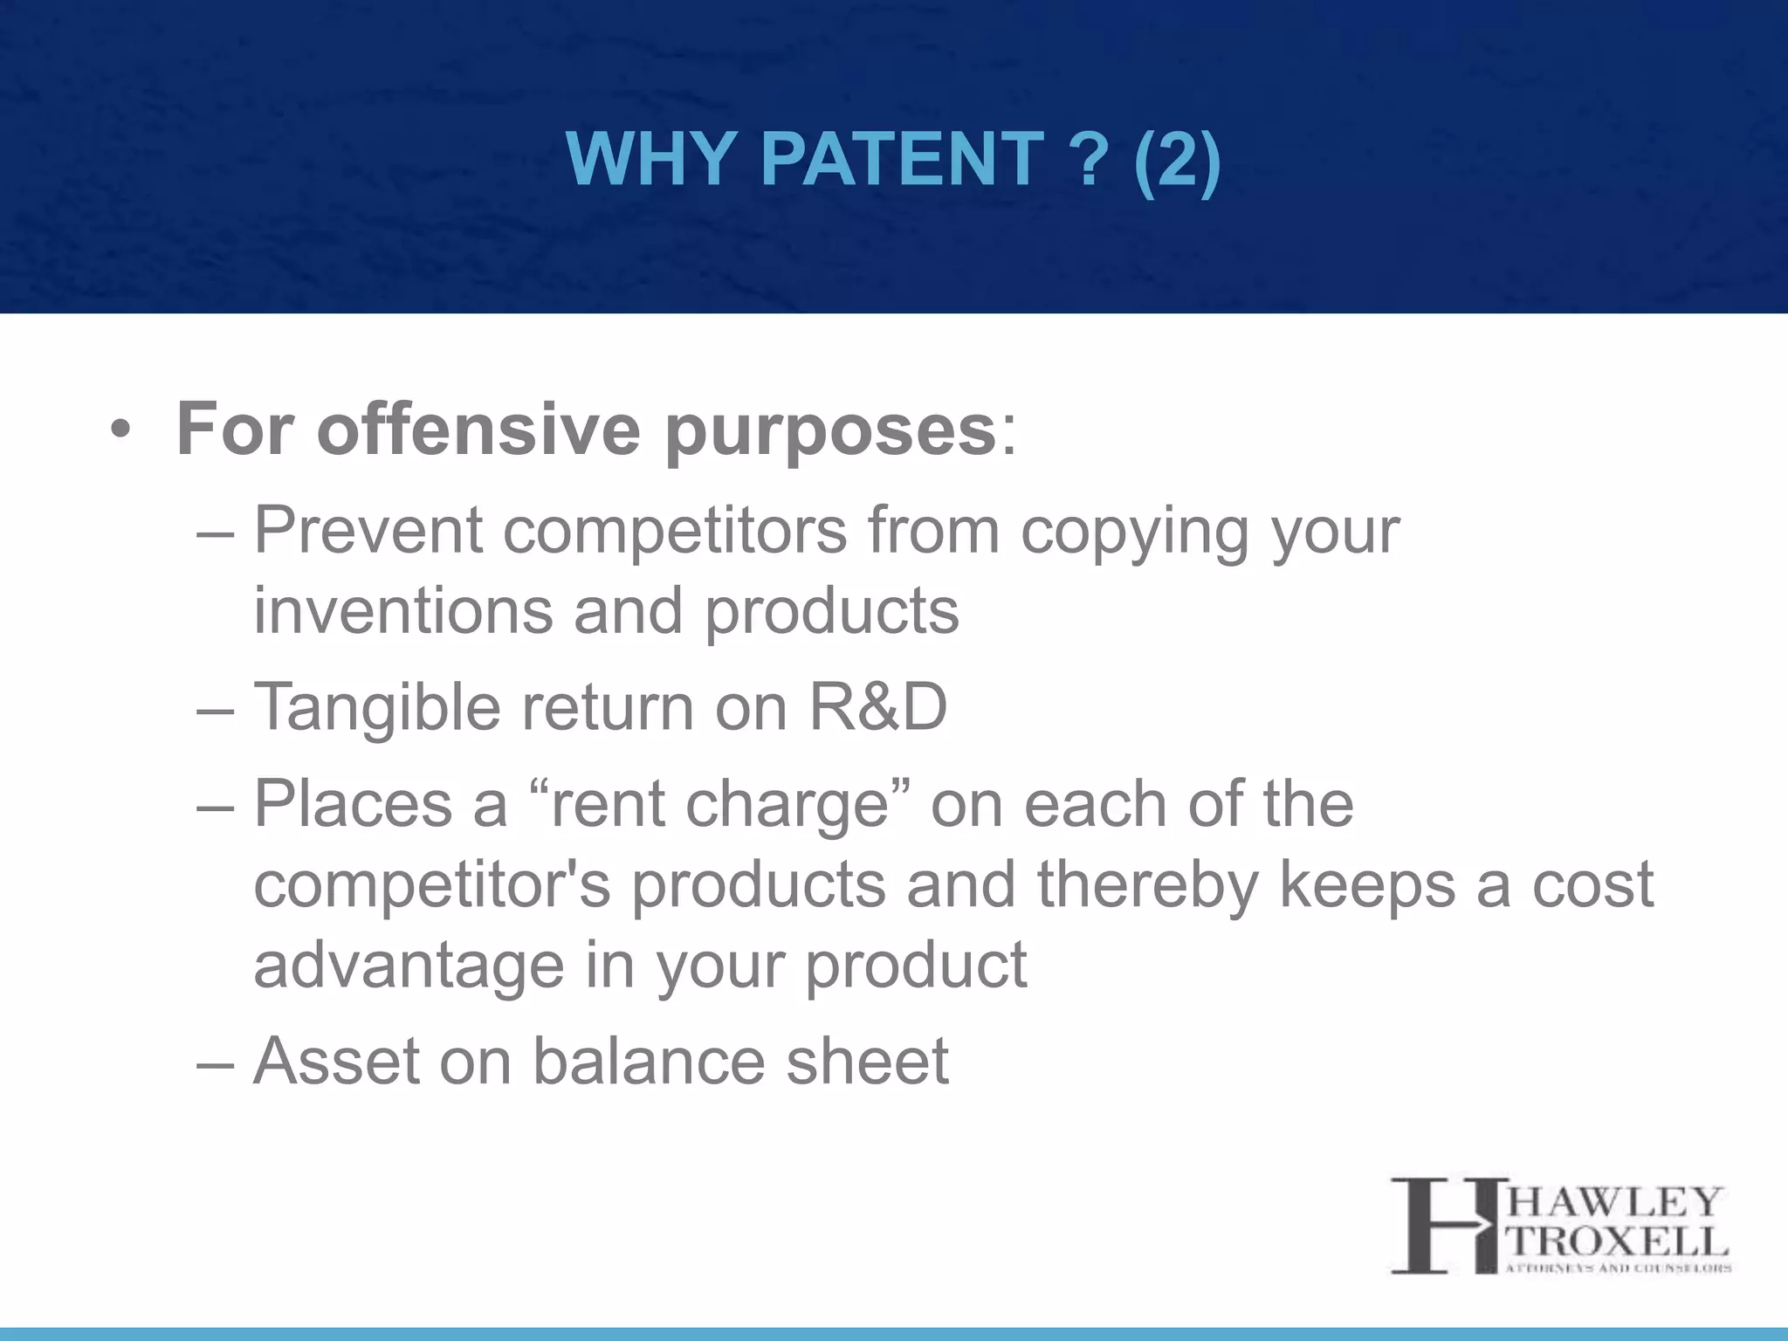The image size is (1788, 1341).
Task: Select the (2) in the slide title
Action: [1177, 159]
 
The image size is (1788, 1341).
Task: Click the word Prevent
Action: [368, 530]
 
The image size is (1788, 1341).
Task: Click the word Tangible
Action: [376, 708]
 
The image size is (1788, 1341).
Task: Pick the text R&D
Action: [877, 706]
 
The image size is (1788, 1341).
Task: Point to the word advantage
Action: [409, 966]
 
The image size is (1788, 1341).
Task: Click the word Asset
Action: [336, 1061]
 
